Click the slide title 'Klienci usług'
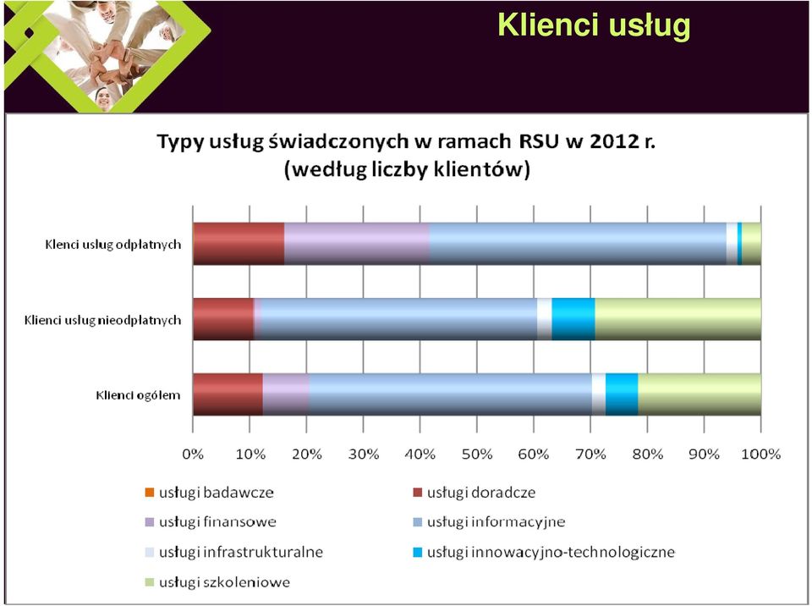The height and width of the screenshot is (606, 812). point(594,25)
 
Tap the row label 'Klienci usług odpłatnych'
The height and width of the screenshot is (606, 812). point(112,244)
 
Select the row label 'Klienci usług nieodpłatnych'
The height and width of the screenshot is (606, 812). point(102,320)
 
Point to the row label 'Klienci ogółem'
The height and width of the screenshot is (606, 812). point(138,395)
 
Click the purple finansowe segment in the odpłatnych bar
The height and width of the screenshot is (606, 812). point(357,244)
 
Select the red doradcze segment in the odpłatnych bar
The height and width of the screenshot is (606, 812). point(239,244)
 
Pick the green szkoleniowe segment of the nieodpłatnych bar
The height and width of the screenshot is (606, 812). point(678,319)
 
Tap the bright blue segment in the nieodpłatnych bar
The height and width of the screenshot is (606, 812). point(573,319)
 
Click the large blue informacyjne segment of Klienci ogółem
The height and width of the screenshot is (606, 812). point(451,394)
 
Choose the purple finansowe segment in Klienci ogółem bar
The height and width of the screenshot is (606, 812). point(286,394)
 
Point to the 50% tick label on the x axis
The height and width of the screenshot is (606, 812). point(477,454)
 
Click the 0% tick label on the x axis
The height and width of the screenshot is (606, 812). point(193,454)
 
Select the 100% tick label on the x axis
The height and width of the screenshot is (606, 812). point(760,454)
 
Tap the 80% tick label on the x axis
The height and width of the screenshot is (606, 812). point(647,454)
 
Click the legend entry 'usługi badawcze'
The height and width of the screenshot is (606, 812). point(209,493)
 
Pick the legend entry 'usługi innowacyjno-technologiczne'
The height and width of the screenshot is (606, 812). point(544,552)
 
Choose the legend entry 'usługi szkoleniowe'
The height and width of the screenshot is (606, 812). point(217,582)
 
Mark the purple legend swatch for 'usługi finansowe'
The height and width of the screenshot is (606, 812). point(150,522)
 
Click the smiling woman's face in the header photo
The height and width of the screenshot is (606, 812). point(103,97)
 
